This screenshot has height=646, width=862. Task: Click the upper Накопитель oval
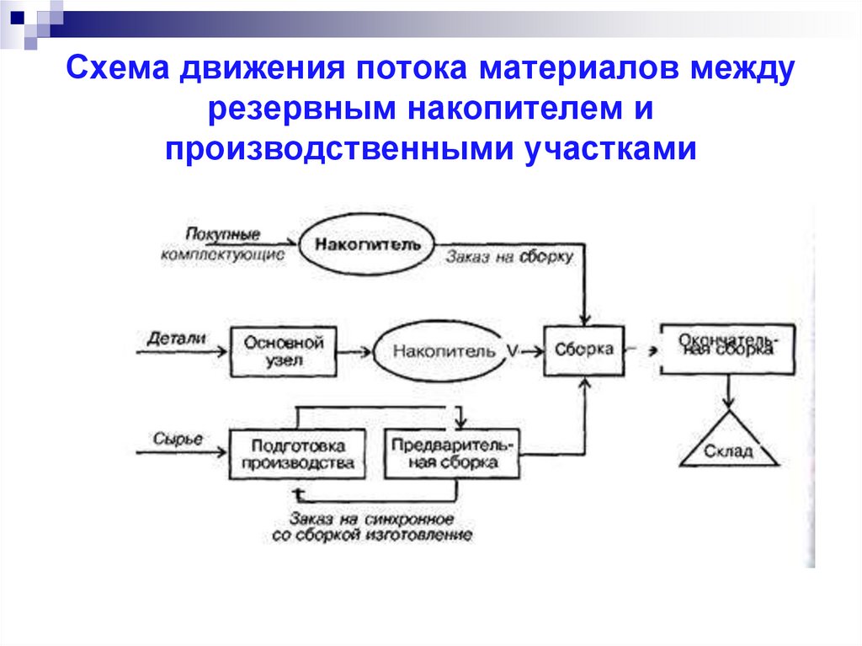click(366, 243)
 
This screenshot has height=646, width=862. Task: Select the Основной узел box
click(284, 352)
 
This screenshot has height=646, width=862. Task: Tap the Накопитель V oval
click(444, 352)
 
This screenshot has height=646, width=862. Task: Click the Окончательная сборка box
click(726, 348)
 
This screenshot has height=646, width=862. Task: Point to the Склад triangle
click(729, 443)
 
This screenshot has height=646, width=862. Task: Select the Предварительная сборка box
click(452, 454)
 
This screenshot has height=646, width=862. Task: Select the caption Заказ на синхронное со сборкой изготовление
click(372, 526)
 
